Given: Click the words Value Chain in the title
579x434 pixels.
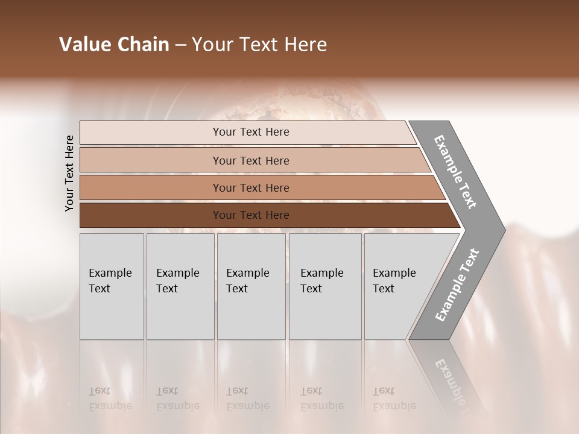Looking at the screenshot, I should click(114, 45).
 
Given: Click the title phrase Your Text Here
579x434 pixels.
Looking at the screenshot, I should click(259, 45).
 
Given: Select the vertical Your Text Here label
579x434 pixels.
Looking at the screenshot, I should click(69, 173).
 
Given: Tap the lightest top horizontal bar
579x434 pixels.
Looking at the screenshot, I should click(250, 132).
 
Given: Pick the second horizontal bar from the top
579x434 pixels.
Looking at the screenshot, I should click(250, 160).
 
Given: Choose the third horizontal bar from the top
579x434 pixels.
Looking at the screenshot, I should click(250, 187).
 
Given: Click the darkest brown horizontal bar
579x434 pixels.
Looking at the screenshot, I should click(250, 215).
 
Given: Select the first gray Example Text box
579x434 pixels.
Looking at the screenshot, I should click(112, 286).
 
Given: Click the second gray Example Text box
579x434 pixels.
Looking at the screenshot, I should click(180, 286).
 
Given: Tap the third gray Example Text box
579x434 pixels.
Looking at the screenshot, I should click(251, 286).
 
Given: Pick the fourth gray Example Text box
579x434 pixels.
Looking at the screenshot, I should click(325, 286).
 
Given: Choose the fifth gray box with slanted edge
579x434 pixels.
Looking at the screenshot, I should click(398, 286).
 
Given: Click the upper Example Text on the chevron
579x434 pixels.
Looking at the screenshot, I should click(455, 172).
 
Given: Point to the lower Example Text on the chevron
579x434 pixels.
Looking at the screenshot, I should click(457, 285).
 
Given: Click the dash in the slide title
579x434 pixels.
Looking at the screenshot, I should click(180, 45).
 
